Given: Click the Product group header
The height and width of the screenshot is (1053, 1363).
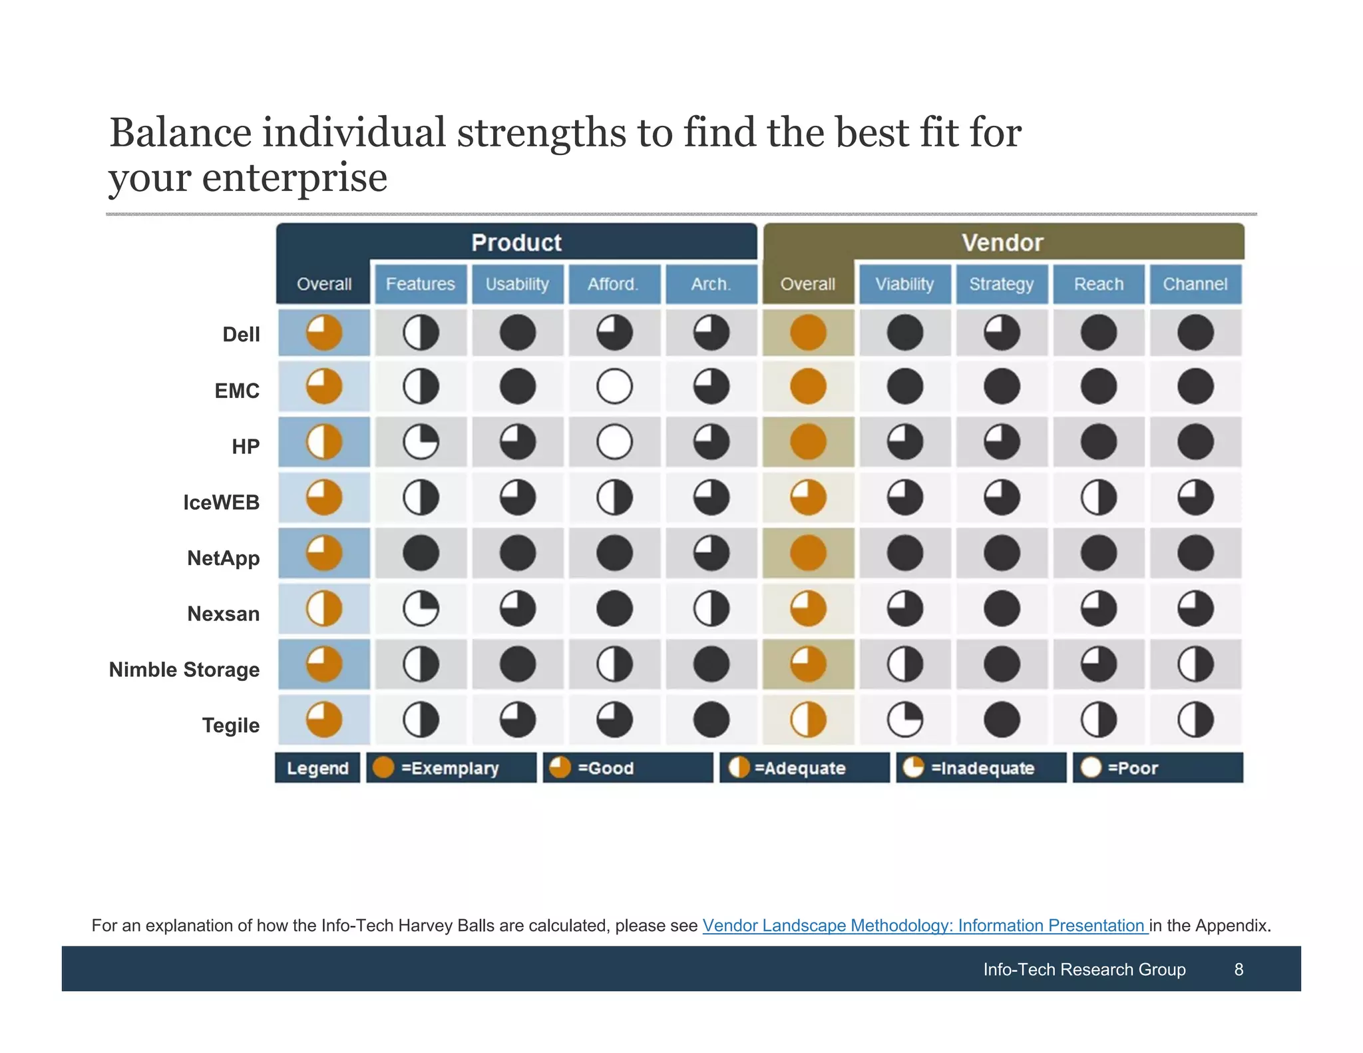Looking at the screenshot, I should click(x=516, y=242).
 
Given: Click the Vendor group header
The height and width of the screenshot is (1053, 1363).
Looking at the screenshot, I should click(x=1002, y=242).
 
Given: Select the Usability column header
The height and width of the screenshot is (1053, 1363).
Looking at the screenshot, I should click(x=517, y=284).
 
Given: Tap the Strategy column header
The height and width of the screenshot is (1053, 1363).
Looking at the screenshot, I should click(x=1001, y=284).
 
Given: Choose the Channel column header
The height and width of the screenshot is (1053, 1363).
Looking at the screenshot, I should click(x=1195, y=284).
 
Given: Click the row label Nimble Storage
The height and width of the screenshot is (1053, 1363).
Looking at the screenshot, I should click(x=184, y=670).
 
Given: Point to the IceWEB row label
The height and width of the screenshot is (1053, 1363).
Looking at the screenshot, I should click(x=221, y=503).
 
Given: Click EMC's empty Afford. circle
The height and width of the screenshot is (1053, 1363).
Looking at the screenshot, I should click(x=614, y=387).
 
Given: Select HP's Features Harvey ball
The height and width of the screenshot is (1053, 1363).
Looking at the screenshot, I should click(x=421, y=442).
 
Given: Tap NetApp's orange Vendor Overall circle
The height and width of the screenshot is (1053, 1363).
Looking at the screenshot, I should click(x=808, y=553).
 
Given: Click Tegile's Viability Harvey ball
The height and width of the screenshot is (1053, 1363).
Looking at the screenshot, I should click(x=904, y=720).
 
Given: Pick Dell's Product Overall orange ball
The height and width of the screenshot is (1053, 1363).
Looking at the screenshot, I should click(x=324, y=333).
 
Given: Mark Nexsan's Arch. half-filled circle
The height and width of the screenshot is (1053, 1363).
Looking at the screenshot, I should click(x=711, y=609).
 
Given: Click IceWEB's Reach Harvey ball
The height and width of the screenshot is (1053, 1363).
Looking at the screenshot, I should click(x=1098, y=498).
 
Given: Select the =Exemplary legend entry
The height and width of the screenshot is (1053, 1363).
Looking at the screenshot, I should click(x=451, y=768).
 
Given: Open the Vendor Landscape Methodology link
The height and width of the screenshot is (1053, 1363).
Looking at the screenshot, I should click(x=924, y=925).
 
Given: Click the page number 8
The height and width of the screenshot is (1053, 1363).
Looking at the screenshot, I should click(x=1239, y=969).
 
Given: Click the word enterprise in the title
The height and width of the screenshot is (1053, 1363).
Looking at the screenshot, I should click(x=294, y=178).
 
